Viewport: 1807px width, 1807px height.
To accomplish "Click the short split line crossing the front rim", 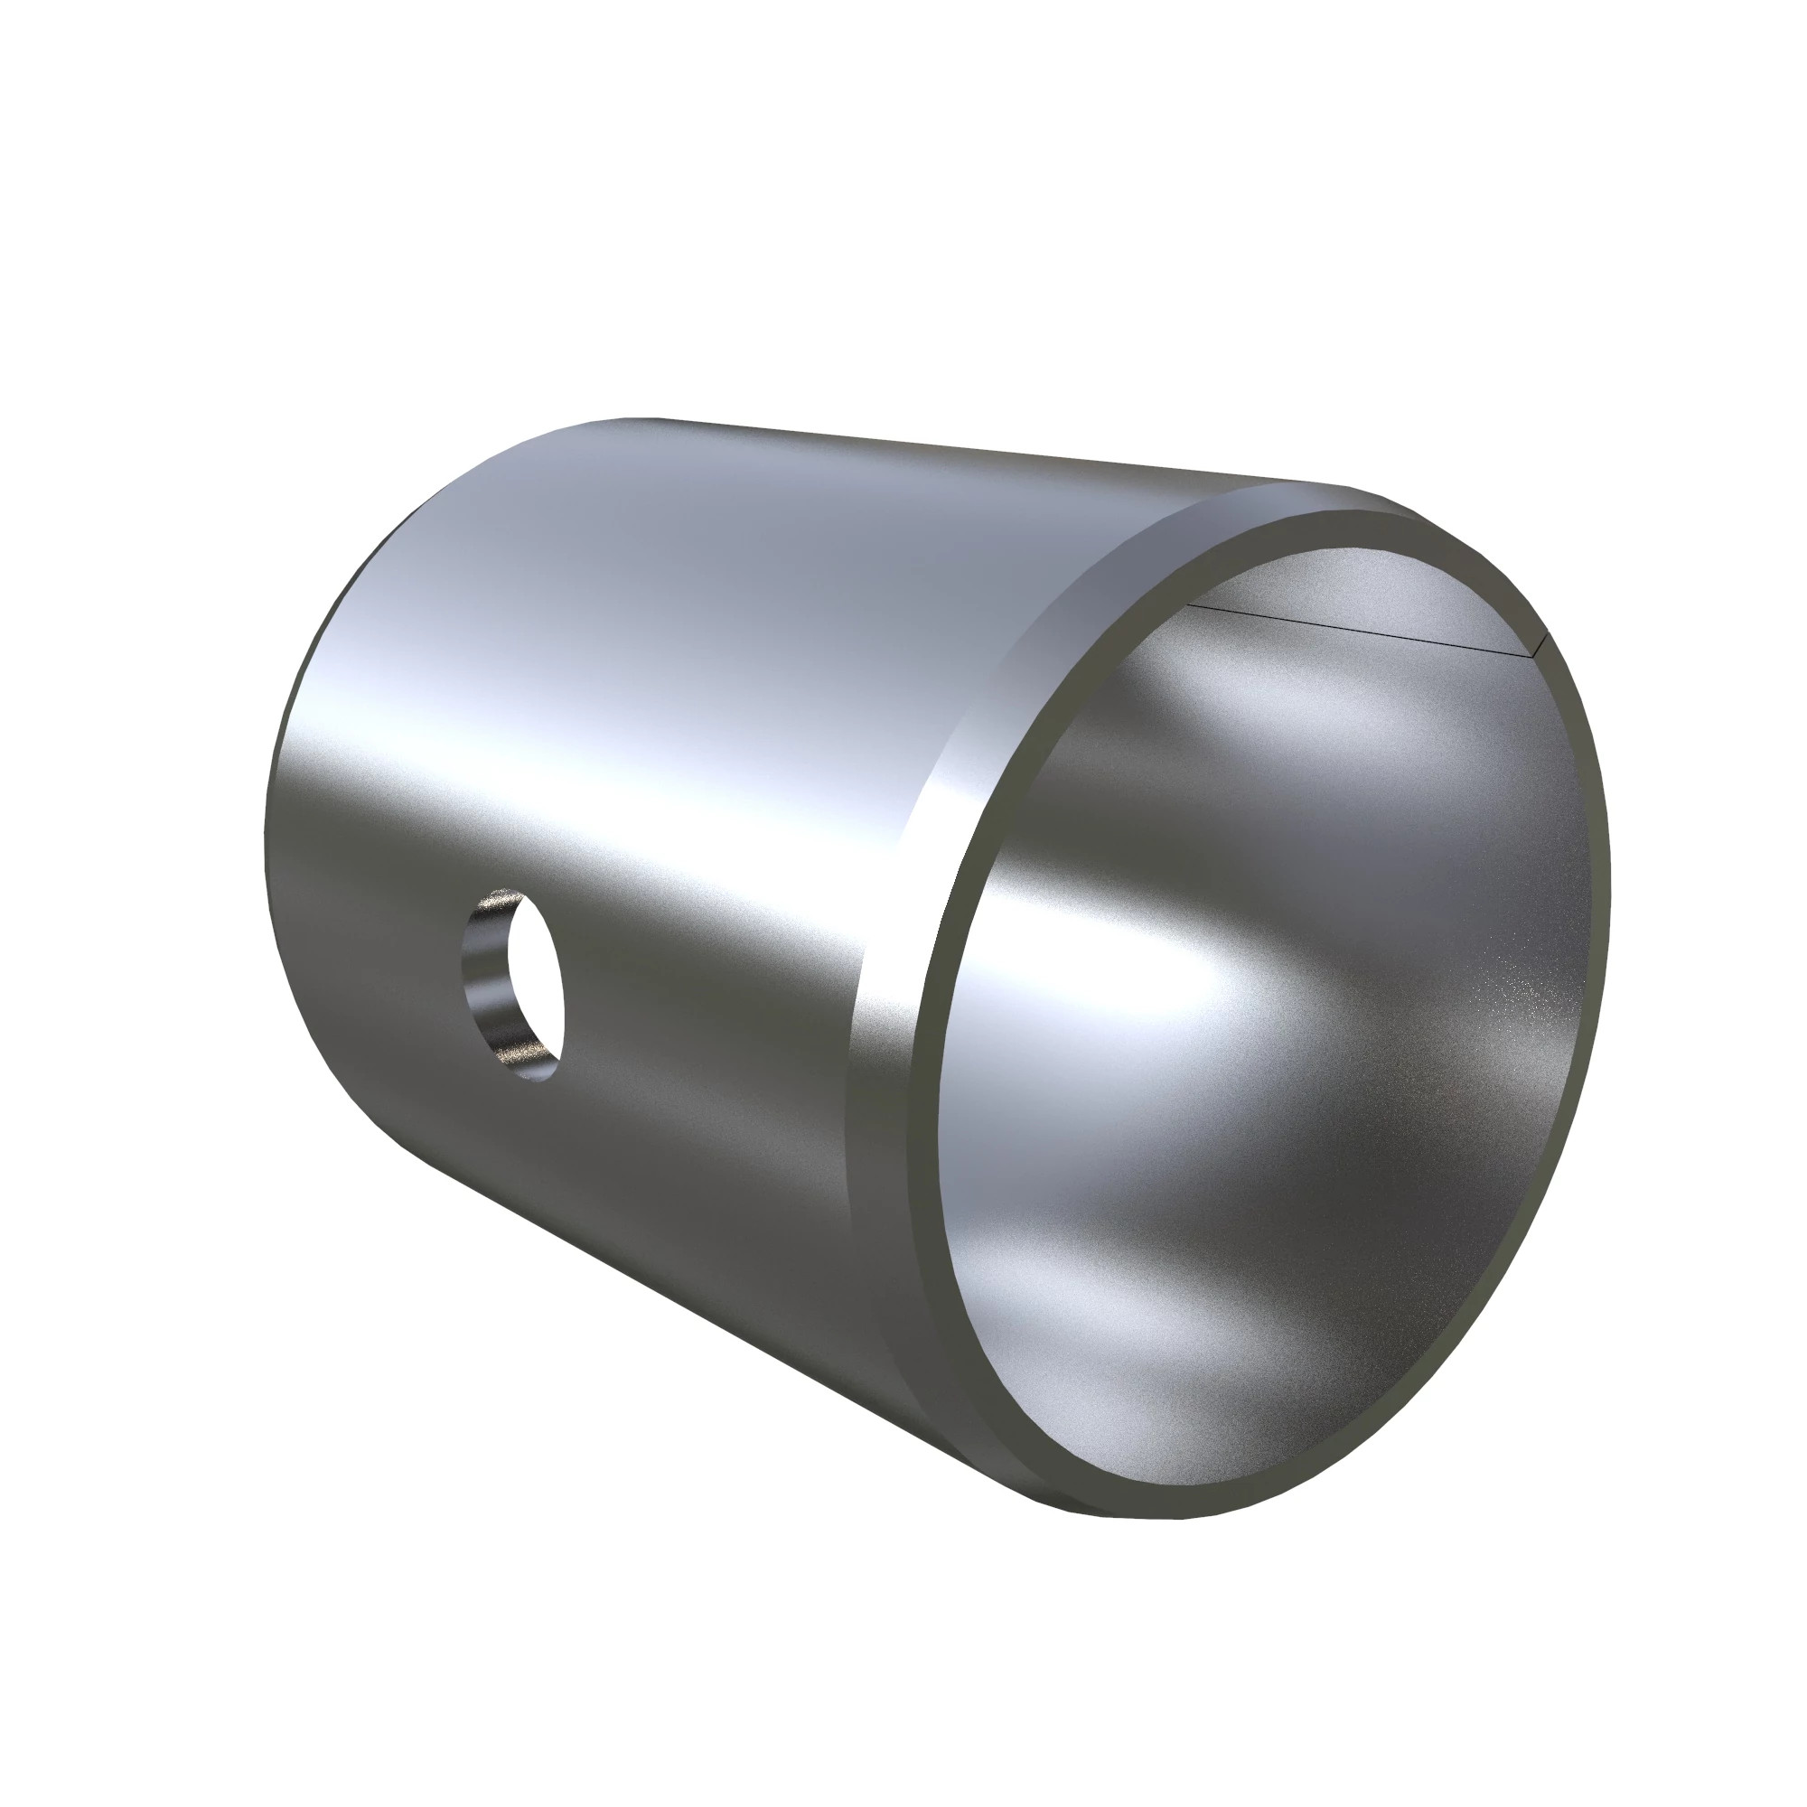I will (1540, 643).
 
